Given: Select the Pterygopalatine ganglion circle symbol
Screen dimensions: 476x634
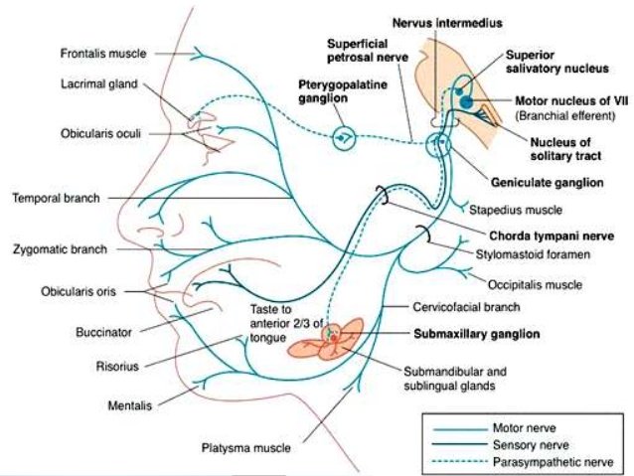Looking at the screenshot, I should (344, 136).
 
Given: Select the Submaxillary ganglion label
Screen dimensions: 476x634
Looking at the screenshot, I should (477, 336).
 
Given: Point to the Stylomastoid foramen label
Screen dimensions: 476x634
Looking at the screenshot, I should (537, 255).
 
